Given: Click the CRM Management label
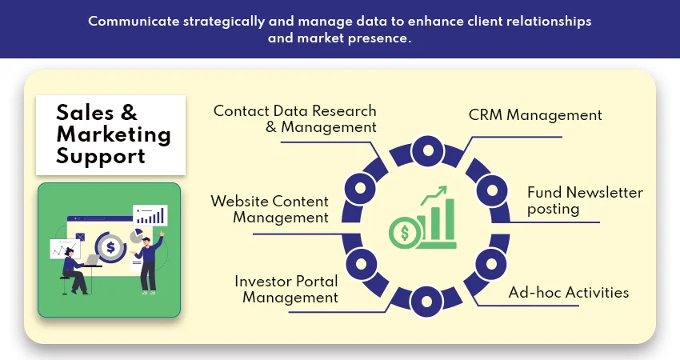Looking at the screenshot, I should point(534,115).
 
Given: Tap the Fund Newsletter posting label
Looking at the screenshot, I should point(585,201).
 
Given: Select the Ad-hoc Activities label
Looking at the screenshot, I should point(568,292).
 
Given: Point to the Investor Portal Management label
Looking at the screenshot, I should point(286,289).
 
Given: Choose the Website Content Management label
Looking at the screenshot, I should point(270,209).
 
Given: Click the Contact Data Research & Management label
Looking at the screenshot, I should point(294,118).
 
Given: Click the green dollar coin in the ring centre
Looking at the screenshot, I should point(404,233).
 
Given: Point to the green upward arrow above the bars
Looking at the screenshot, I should point(437,193).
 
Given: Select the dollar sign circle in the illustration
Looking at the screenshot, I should point(110,246).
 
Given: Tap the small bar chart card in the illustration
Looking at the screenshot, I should point(150,214).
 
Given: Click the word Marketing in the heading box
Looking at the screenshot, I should point(114,134).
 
